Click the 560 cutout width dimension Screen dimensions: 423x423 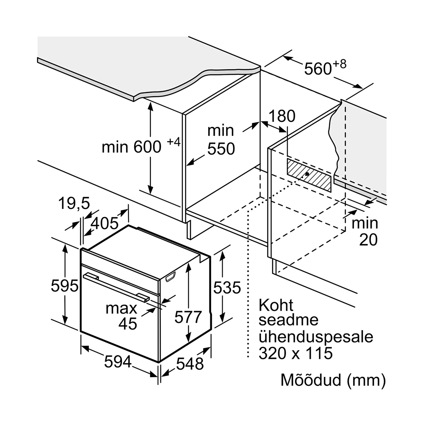(x=318, y=69)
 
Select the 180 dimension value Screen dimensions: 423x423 (x=282, y=116)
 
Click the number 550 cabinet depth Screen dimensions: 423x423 (x=221, y=149)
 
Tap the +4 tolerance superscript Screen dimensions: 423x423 (x=174, y=142)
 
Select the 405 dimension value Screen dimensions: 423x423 (x=105, y=223)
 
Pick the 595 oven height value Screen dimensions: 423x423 (x=64, y=285)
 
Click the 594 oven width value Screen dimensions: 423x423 (x=117, y=362)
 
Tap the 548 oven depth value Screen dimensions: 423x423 (x=190, y=364)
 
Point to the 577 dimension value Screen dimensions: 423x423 (x=188, y=317)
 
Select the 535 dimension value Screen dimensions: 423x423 (x=227, y=288)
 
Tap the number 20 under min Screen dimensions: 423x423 (x=368, y=240)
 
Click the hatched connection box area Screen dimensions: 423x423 (x=309, y=175)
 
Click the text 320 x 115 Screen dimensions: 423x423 (x=295, y=353)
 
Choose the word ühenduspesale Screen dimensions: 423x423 (x=316, y=337)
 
